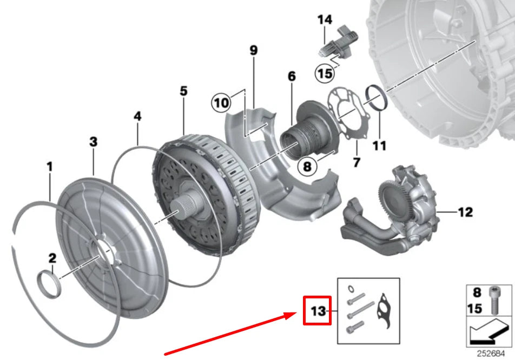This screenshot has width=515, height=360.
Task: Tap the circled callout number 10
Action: (x=221, y=102)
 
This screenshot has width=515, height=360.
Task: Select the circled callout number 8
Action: (x=307, y=166)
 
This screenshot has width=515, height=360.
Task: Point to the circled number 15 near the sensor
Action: (x=325, y=74)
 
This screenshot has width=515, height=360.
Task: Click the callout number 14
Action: (x=325, y=21)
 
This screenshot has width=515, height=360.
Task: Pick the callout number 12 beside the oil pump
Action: (x=465, y=212)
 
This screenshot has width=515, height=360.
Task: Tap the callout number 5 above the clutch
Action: (x=184, y=91)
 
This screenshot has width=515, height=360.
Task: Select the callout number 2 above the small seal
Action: (x=52, y=259)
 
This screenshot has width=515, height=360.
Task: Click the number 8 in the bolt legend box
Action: (x=477, y=293)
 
